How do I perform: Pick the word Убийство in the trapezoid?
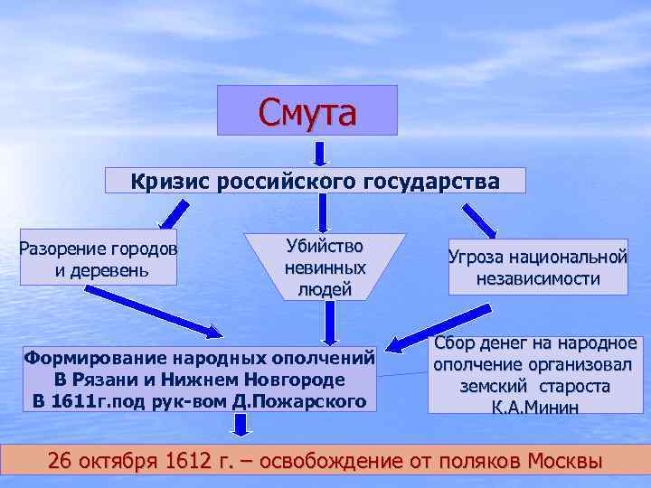click(x=325, y=247)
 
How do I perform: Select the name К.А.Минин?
click(x=535, y=407)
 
